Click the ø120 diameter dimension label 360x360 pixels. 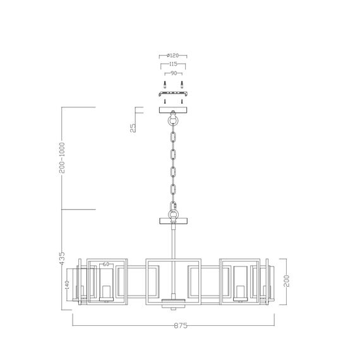174,56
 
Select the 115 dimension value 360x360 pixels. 174,64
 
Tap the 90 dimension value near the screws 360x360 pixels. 173,73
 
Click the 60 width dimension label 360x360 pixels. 105,265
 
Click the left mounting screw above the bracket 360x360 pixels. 165,85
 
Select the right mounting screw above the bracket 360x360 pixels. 182,85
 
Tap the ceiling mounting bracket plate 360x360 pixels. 173,94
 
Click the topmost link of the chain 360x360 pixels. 173,136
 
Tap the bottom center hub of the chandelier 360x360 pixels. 173,302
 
